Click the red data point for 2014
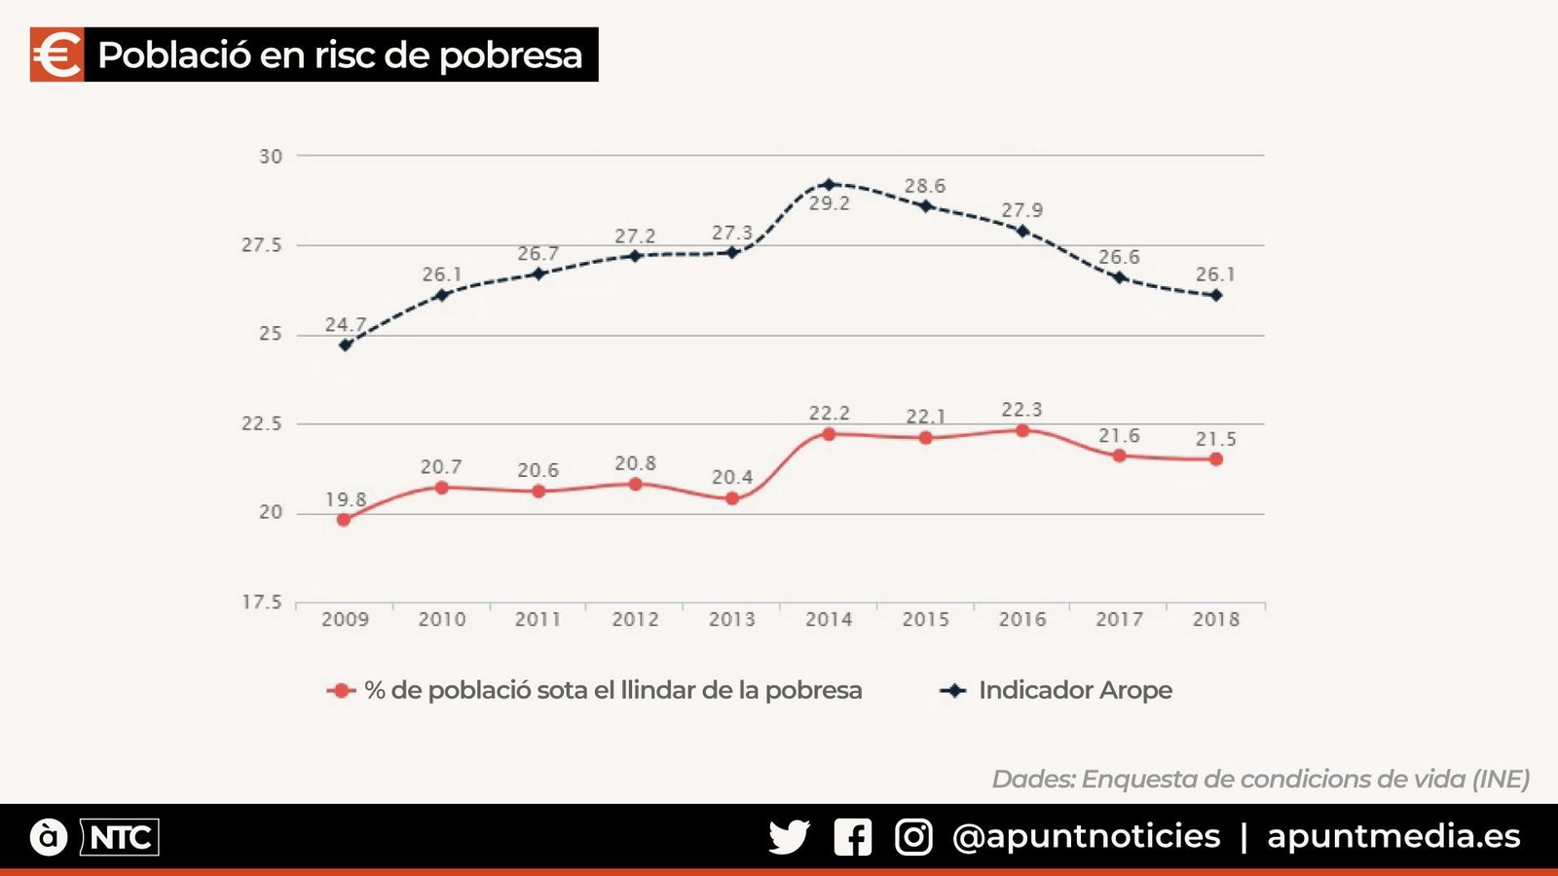click(x=829, y=434)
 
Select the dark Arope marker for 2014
click(x=829, y=184)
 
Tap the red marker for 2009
click(x=344, y=520)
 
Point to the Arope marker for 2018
click(x=1216, y=295)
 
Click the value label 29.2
click(x=829, y=203)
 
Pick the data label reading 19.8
click(x=346, y=499)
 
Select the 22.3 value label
click(x=1021, y=410)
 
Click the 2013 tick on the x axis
click(x=731, y=619)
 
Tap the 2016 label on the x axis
click(x=1021, y=619)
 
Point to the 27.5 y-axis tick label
click(x=262, y=245)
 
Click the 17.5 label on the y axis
click(x=262, y=602)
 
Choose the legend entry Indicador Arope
click(x=1075, y=690)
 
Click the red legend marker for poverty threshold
click(x=341, y=691)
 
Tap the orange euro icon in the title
click(x=56, y=55)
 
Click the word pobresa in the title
click(x=510, y=55)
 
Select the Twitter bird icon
click(x=789, y=837)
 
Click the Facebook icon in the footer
click(x=853, y=837)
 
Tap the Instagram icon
click(x=913, y=837)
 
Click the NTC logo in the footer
click(x=120, y=837)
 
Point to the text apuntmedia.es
click(x=1393, y=836)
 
